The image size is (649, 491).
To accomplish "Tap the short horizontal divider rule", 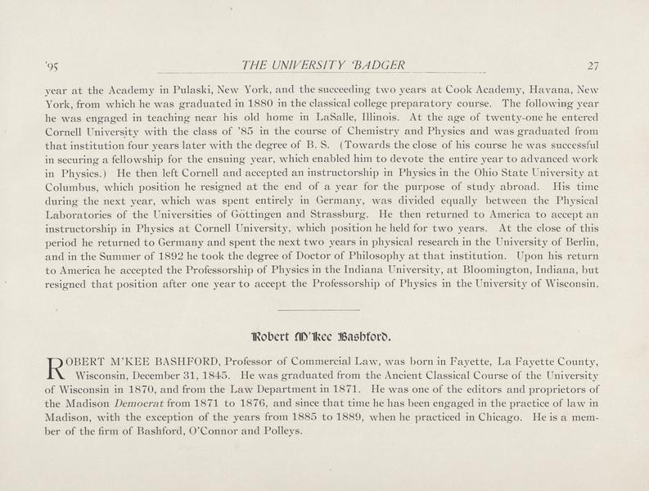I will tap(318, 310).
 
